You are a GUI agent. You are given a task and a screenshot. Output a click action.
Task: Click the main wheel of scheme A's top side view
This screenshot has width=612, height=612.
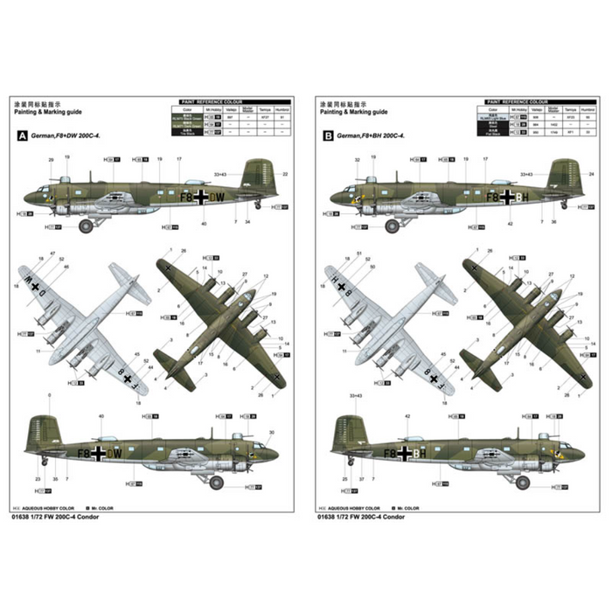tap(86, 226)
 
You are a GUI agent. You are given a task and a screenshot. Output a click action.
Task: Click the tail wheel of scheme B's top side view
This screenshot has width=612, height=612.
tap(563, 205)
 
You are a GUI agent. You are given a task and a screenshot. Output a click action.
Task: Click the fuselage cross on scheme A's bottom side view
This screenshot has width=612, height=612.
tap(99, 453)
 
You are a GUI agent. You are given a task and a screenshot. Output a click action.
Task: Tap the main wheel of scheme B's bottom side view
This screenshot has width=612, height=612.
tap(523, 482)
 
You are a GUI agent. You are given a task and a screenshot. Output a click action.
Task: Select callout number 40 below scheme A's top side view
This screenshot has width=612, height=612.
tap(204, 224)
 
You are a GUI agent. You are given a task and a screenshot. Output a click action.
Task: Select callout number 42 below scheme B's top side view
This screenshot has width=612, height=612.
tap(509, 224)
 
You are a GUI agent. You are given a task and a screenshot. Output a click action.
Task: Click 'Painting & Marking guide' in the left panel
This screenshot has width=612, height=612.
tap(49, 112)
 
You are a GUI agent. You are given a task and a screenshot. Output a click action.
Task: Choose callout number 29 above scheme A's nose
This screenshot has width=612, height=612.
tap(51, 160)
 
